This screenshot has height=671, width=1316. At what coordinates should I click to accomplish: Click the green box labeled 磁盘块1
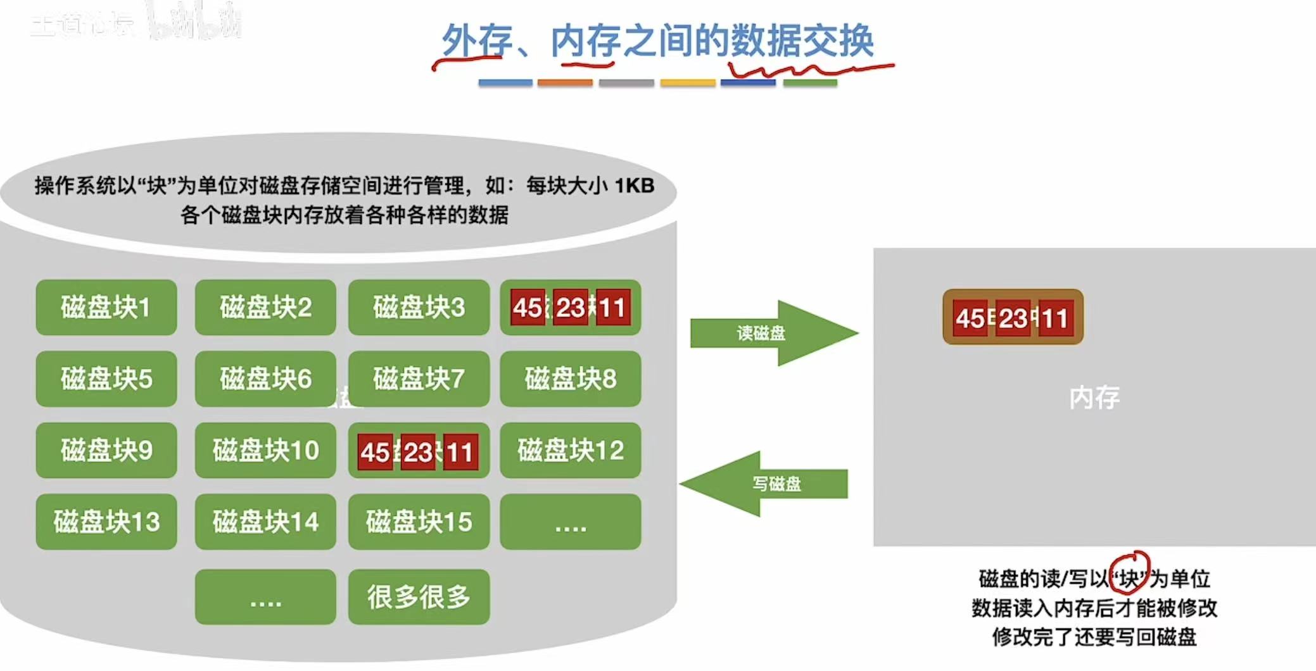[106, 308]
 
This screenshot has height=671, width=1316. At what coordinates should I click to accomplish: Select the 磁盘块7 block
[419, 379]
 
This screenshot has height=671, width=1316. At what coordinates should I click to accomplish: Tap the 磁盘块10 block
[265, 450]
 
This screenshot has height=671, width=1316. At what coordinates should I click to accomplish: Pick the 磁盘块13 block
[106, 522]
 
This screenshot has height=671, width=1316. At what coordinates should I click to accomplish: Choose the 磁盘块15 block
[419, 522]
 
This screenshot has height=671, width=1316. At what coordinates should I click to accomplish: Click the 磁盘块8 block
[570, 379]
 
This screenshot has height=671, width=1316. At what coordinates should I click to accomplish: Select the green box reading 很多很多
[419, 596]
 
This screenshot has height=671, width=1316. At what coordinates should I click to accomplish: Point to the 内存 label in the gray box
[1094, 398]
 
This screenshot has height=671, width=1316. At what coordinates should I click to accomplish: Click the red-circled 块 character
[1129, 577]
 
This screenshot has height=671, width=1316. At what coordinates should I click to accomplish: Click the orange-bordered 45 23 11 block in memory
[1013, 317]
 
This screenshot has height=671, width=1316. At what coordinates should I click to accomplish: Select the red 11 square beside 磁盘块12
[460, 452]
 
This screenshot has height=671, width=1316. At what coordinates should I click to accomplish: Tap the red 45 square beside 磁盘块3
[528, 308]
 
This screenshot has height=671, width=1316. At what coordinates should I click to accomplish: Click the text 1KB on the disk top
[635, 185]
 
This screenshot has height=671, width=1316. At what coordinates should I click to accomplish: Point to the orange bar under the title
[565, 83]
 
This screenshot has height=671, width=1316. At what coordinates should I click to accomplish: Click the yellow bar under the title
[688, 83]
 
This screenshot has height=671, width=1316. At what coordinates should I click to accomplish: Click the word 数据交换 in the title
[802, 41]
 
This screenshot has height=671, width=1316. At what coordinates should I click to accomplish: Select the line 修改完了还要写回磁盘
[1094, 636]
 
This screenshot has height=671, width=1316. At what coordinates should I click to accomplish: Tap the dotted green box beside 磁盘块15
[570, 522]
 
